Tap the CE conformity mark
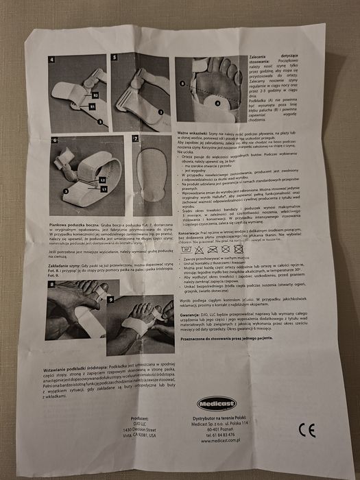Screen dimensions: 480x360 pos(307,431)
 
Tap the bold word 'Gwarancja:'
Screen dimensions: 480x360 pos(192,328)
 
